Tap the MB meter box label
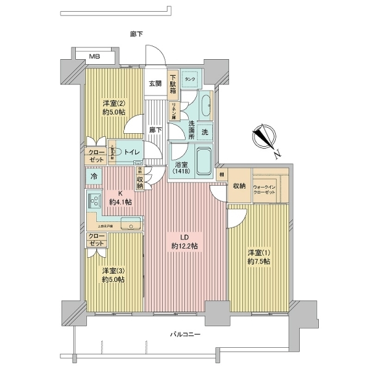pos(94,57)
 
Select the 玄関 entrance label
pos(155,84)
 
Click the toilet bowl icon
pos(115,152)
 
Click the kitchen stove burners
pos(95,200)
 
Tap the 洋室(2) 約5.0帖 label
pos(113,108)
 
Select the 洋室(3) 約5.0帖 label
pos(113,275)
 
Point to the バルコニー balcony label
pos(184,334)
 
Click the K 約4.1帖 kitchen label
pos(121,197)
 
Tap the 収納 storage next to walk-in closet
pos(239,187)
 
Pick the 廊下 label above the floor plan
pos(136,33)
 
